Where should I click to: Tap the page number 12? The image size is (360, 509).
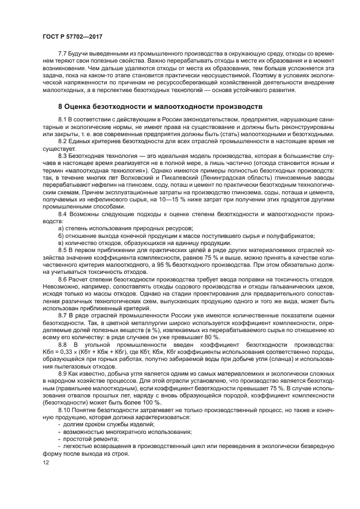(46, 462)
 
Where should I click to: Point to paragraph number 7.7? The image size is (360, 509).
(63, 55)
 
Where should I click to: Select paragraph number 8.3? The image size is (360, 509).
(63, 156)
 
